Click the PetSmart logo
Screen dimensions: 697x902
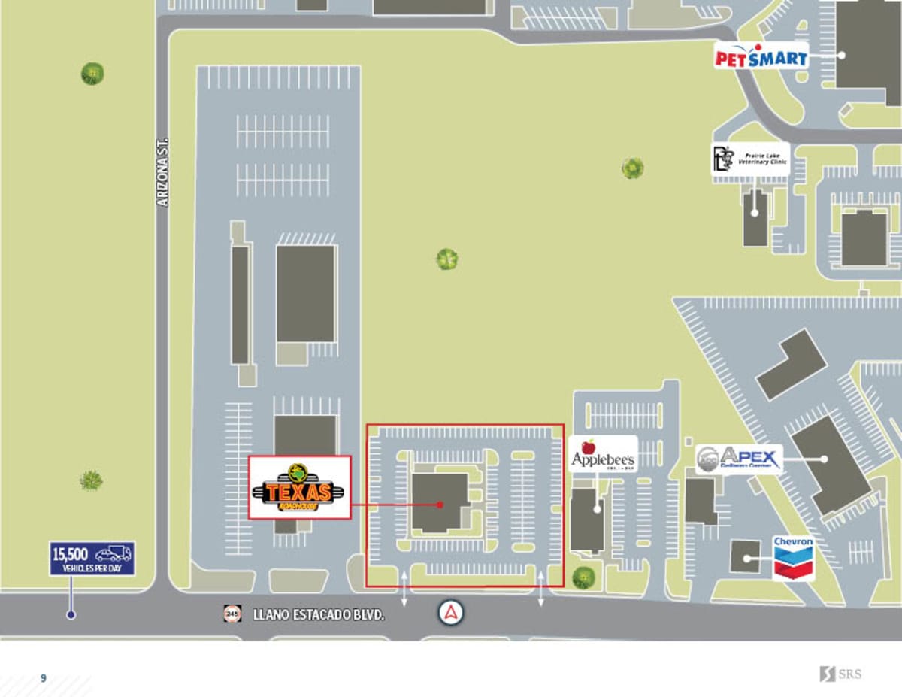pos(761,56)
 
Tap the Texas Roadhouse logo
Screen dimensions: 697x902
pos(300,487)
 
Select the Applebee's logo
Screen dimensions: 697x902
pos(603,453)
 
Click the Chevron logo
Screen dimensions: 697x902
pos(793,556)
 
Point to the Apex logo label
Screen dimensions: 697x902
pos(739,459)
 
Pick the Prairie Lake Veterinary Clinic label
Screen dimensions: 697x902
pos(750,159)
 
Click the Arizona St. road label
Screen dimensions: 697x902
pos(163,172)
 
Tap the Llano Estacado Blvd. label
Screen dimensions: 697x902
pos(319,614)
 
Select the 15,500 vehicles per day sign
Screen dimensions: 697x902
pos(92,559)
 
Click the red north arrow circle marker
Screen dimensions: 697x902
pos(451,613)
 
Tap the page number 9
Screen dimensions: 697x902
pos(44,678)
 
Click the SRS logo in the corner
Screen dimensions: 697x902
pos(840,674)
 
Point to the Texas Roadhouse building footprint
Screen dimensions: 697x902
pos(440,502)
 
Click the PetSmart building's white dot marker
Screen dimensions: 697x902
pos(843,55)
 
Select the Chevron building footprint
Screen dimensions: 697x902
pos(746,556)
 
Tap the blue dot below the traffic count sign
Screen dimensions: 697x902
pos(71,614)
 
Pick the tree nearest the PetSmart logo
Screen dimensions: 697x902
pos(632,168)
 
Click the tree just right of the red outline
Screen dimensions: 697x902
pos(583,577)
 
